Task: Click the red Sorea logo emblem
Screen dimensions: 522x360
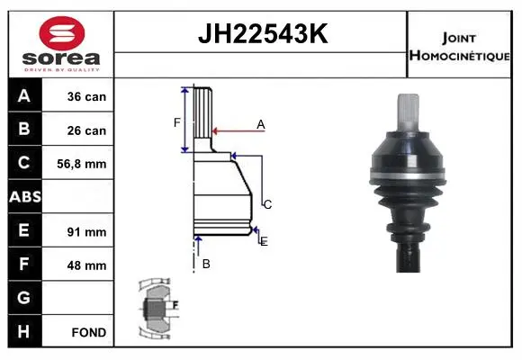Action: (62, 33)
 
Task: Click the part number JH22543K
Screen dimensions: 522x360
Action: (263, 33)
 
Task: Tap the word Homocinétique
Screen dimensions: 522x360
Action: (459, 55)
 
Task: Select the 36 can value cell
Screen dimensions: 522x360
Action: (78, 95)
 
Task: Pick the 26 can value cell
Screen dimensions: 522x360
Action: (78, 130)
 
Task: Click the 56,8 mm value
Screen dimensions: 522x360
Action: (82, 164)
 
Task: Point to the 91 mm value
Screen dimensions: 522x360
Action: (86, 232)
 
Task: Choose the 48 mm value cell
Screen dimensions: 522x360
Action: (78, 265)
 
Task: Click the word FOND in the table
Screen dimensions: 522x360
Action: (89, 332)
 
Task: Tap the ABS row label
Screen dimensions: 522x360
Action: (25, 196)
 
